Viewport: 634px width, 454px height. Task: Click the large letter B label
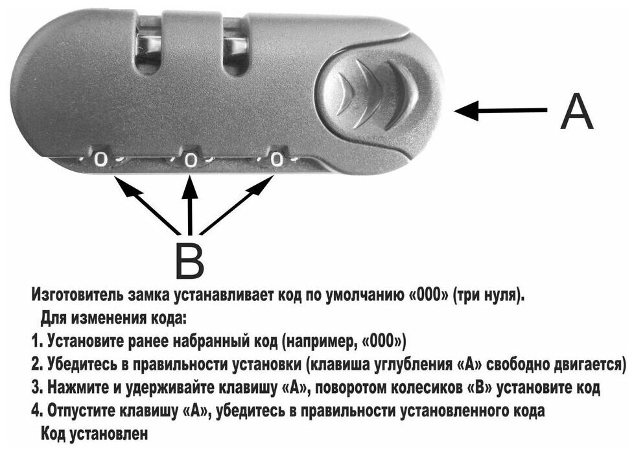coord(189,261)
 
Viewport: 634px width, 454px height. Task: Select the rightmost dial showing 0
coord(277,158)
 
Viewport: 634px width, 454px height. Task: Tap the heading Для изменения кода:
coord(113,318)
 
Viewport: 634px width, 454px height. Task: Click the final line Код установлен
coord(94,433)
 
